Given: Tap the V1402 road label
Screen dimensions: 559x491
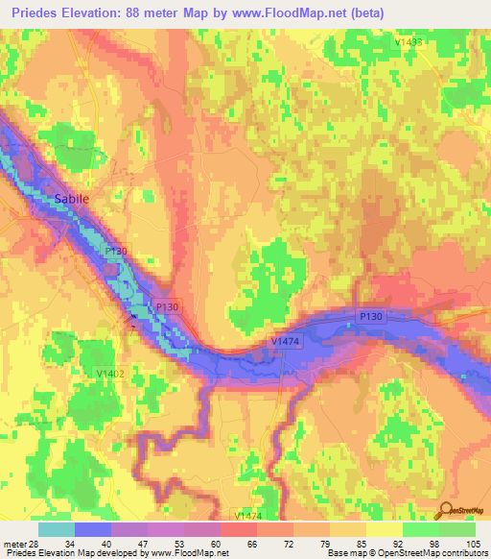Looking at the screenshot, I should (111, 373).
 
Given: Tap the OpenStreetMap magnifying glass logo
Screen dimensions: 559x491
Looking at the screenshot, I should (448, 511).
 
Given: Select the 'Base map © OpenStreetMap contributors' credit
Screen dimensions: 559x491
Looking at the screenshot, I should (406, 553).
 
